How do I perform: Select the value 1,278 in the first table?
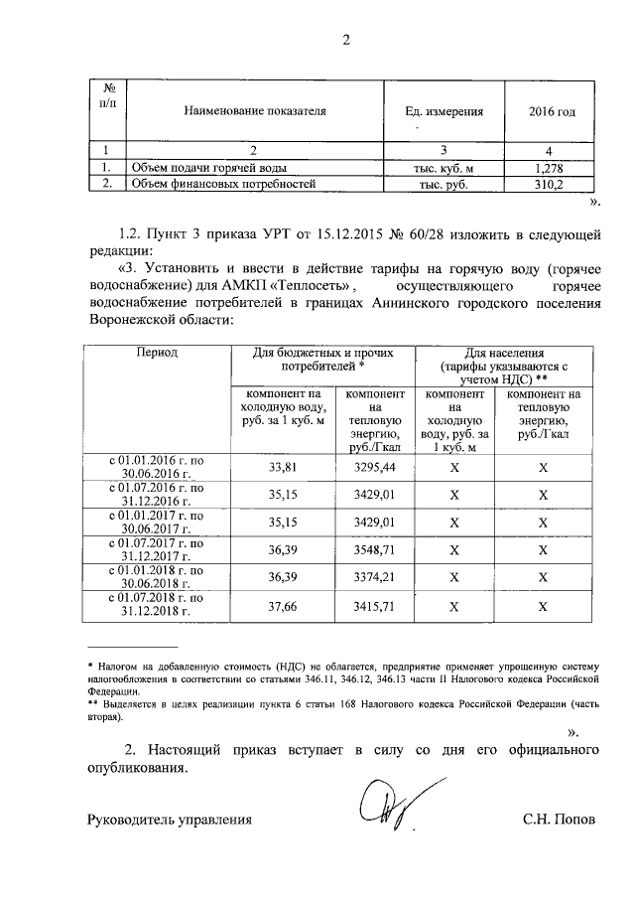point(548,169)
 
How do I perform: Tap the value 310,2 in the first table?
point(548,185)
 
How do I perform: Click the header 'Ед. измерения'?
point(444,112)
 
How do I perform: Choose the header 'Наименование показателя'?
point(254,112)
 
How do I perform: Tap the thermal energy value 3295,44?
point(374,466)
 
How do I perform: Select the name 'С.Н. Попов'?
point(560,820)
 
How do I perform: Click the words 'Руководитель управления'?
point(170,820)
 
